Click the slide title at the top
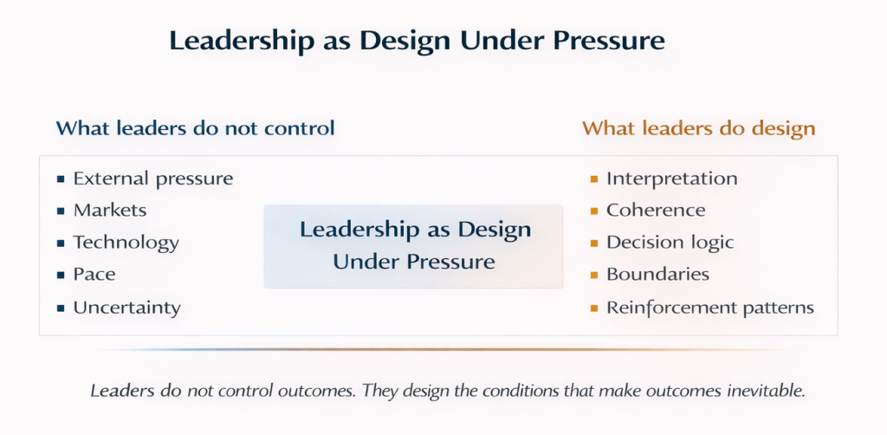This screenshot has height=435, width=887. click(417, 42)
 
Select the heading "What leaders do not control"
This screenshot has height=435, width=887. click(195, 128)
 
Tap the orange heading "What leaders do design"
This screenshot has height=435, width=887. click(699, 129)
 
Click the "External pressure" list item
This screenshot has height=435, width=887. click(153, 179)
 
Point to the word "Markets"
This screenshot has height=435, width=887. click(110, 211)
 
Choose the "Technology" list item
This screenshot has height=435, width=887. click(126, 243)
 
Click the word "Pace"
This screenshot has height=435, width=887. click(94, 275)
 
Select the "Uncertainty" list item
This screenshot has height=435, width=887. click(127, 308)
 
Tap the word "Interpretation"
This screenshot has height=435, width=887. click(672, 179)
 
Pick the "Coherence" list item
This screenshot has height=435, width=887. click(657, 211)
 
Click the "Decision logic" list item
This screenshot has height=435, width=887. click(670, 243)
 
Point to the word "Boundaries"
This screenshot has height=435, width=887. click(658, 275)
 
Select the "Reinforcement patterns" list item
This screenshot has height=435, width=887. click(710, 308)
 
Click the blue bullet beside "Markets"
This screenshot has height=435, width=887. click(61, 211)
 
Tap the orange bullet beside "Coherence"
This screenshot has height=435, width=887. click(594, 211)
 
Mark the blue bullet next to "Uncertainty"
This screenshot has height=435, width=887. click(61, 308)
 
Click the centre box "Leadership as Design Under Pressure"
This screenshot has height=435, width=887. click(413, 247)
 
